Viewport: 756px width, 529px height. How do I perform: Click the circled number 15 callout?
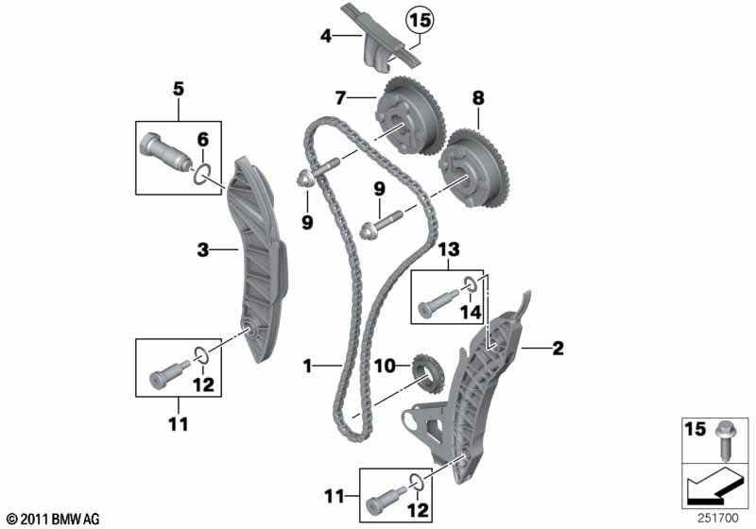point(420,21)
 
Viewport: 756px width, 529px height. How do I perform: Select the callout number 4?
point(326,36)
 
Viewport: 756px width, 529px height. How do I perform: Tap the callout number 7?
point(341,98)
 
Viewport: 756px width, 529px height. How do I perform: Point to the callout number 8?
point(478,98)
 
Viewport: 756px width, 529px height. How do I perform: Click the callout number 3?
point(203,249)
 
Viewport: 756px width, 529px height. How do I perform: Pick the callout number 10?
point(385,367)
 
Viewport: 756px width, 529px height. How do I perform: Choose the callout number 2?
point(558,348)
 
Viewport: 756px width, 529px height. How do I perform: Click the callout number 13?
point(449,249)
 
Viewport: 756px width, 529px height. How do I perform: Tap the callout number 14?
point(471,312)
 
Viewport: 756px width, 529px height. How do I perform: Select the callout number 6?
point(203,140)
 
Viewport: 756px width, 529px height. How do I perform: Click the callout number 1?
point(308,367)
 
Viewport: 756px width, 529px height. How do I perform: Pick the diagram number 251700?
point(718,518)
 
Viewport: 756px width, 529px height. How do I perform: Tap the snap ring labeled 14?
point(471,283)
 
